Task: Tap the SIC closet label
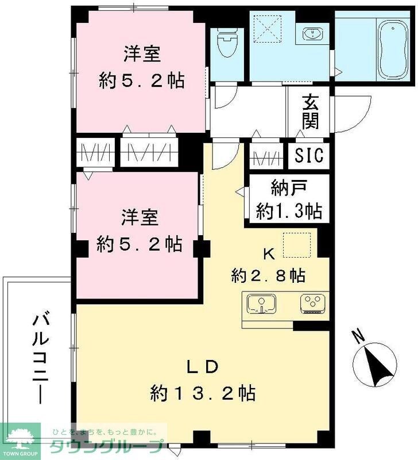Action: (309, 155)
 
